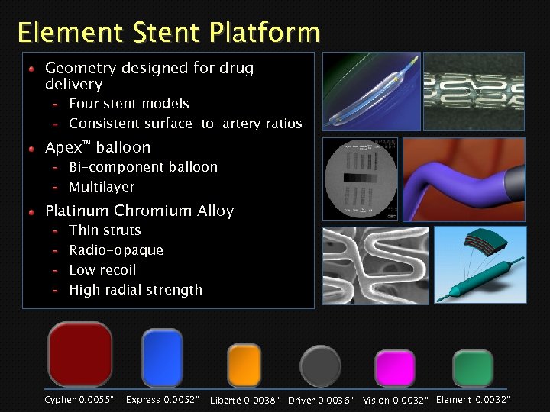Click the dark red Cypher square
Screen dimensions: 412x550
point(80,355)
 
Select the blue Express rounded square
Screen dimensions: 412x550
point(162,357)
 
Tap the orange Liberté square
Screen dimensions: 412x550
point(244,365)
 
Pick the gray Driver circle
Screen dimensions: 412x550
point(320,366)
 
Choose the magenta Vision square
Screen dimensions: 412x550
point(395,368)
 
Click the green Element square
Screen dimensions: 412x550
point(472,368)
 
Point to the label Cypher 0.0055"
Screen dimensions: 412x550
point(79,400)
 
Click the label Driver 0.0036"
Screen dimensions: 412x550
point(321,401)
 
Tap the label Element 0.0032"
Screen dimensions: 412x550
point(472,400)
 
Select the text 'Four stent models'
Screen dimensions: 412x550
point(128,104)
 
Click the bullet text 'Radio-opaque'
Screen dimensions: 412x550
point(116,250)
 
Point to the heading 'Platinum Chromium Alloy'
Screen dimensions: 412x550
point(140,211)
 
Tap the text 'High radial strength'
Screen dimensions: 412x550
point(135,290)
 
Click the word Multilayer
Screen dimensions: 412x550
point(102,187)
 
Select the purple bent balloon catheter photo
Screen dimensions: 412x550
point(464,179)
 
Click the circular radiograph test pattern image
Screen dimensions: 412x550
point(360,179)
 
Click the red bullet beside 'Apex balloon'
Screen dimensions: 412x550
point(33,147)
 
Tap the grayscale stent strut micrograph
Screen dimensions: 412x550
point(359,266)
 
